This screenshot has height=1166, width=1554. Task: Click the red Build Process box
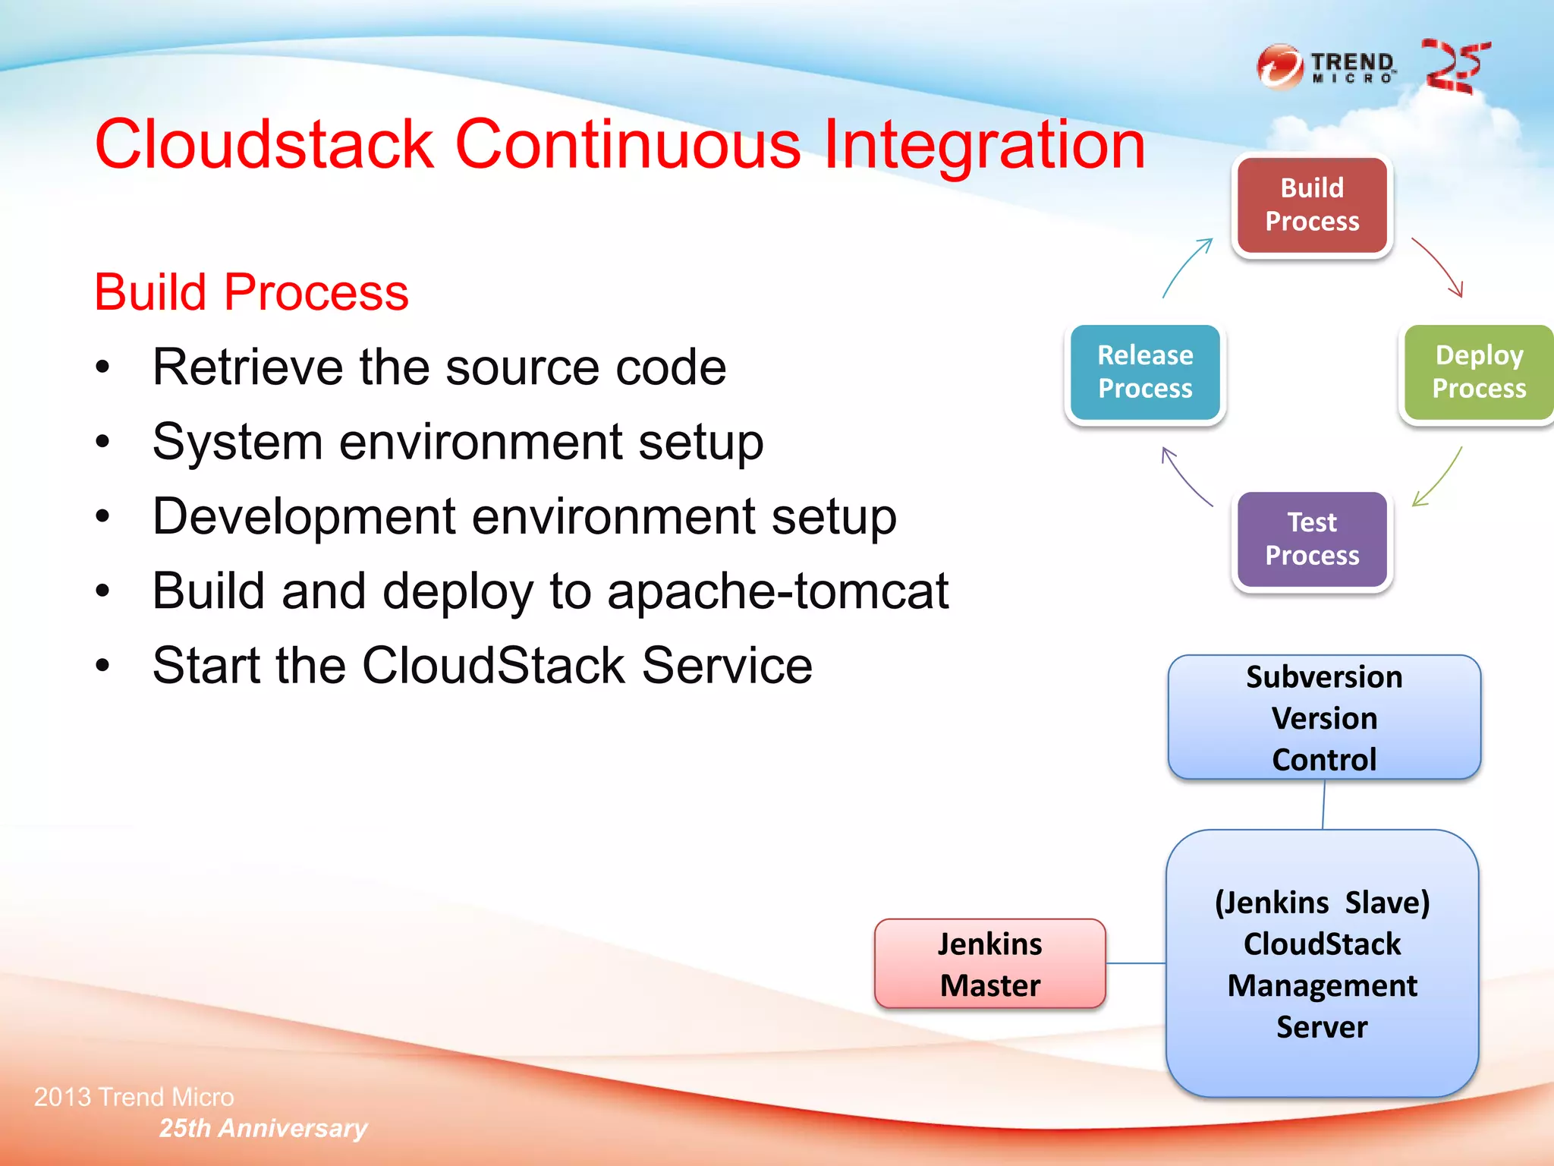(1312, 205)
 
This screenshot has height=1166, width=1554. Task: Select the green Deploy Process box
(1478, 372)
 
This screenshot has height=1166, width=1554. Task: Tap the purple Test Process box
(1312, 539)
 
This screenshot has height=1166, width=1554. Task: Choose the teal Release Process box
(1145, 372)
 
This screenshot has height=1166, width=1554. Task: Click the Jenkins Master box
(989, 964)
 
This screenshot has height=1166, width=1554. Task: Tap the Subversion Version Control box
(1324, 717)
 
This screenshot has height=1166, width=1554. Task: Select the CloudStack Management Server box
(1322, 964)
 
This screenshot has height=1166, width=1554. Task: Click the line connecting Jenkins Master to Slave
(1135, 963)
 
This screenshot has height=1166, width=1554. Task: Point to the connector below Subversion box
(1323, 805)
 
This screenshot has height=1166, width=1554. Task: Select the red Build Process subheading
(251, 292)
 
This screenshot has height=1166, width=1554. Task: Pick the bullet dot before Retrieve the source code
(103, 368)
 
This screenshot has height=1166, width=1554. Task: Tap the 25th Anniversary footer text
(263, 1128)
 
